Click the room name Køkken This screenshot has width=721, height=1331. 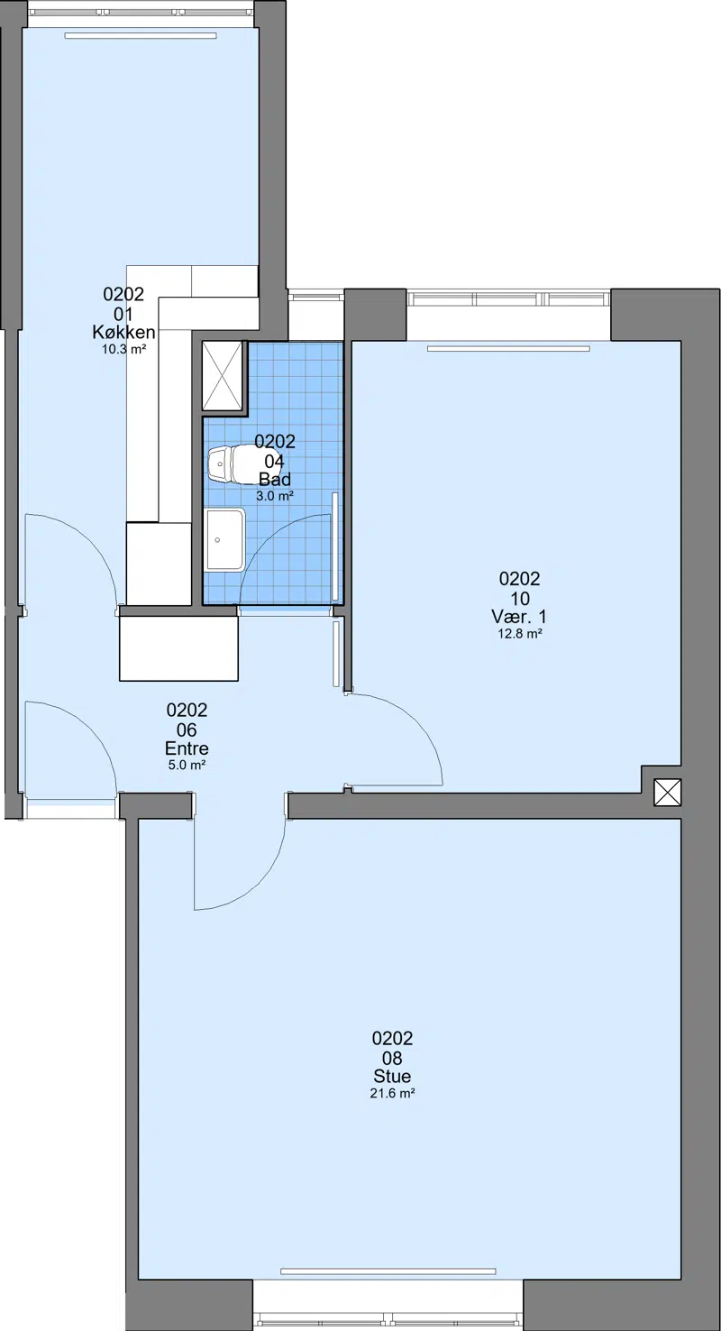123,332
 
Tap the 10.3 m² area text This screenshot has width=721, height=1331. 123,349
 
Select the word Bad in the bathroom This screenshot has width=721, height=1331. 274,479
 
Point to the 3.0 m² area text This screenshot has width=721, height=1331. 274,496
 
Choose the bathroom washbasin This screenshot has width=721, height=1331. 225,539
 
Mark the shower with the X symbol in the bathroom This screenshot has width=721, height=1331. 223,375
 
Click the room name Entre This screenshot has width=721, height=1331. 187,748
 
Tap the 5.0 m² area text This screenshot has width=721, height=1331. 187,765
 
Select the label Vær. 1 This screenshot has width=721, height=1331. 519,616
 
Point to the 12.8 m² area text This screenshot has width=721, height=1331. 520,633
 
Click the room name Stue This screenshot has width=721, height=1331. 392,1076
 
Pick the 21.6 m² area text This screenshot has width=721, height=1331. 392,1093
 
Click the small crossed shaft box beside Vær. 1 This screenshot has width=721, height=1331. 667,793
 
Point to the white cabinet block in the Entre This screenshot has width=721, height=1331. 178,648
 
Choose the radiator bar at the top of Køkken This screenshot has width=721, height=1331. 141,36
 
